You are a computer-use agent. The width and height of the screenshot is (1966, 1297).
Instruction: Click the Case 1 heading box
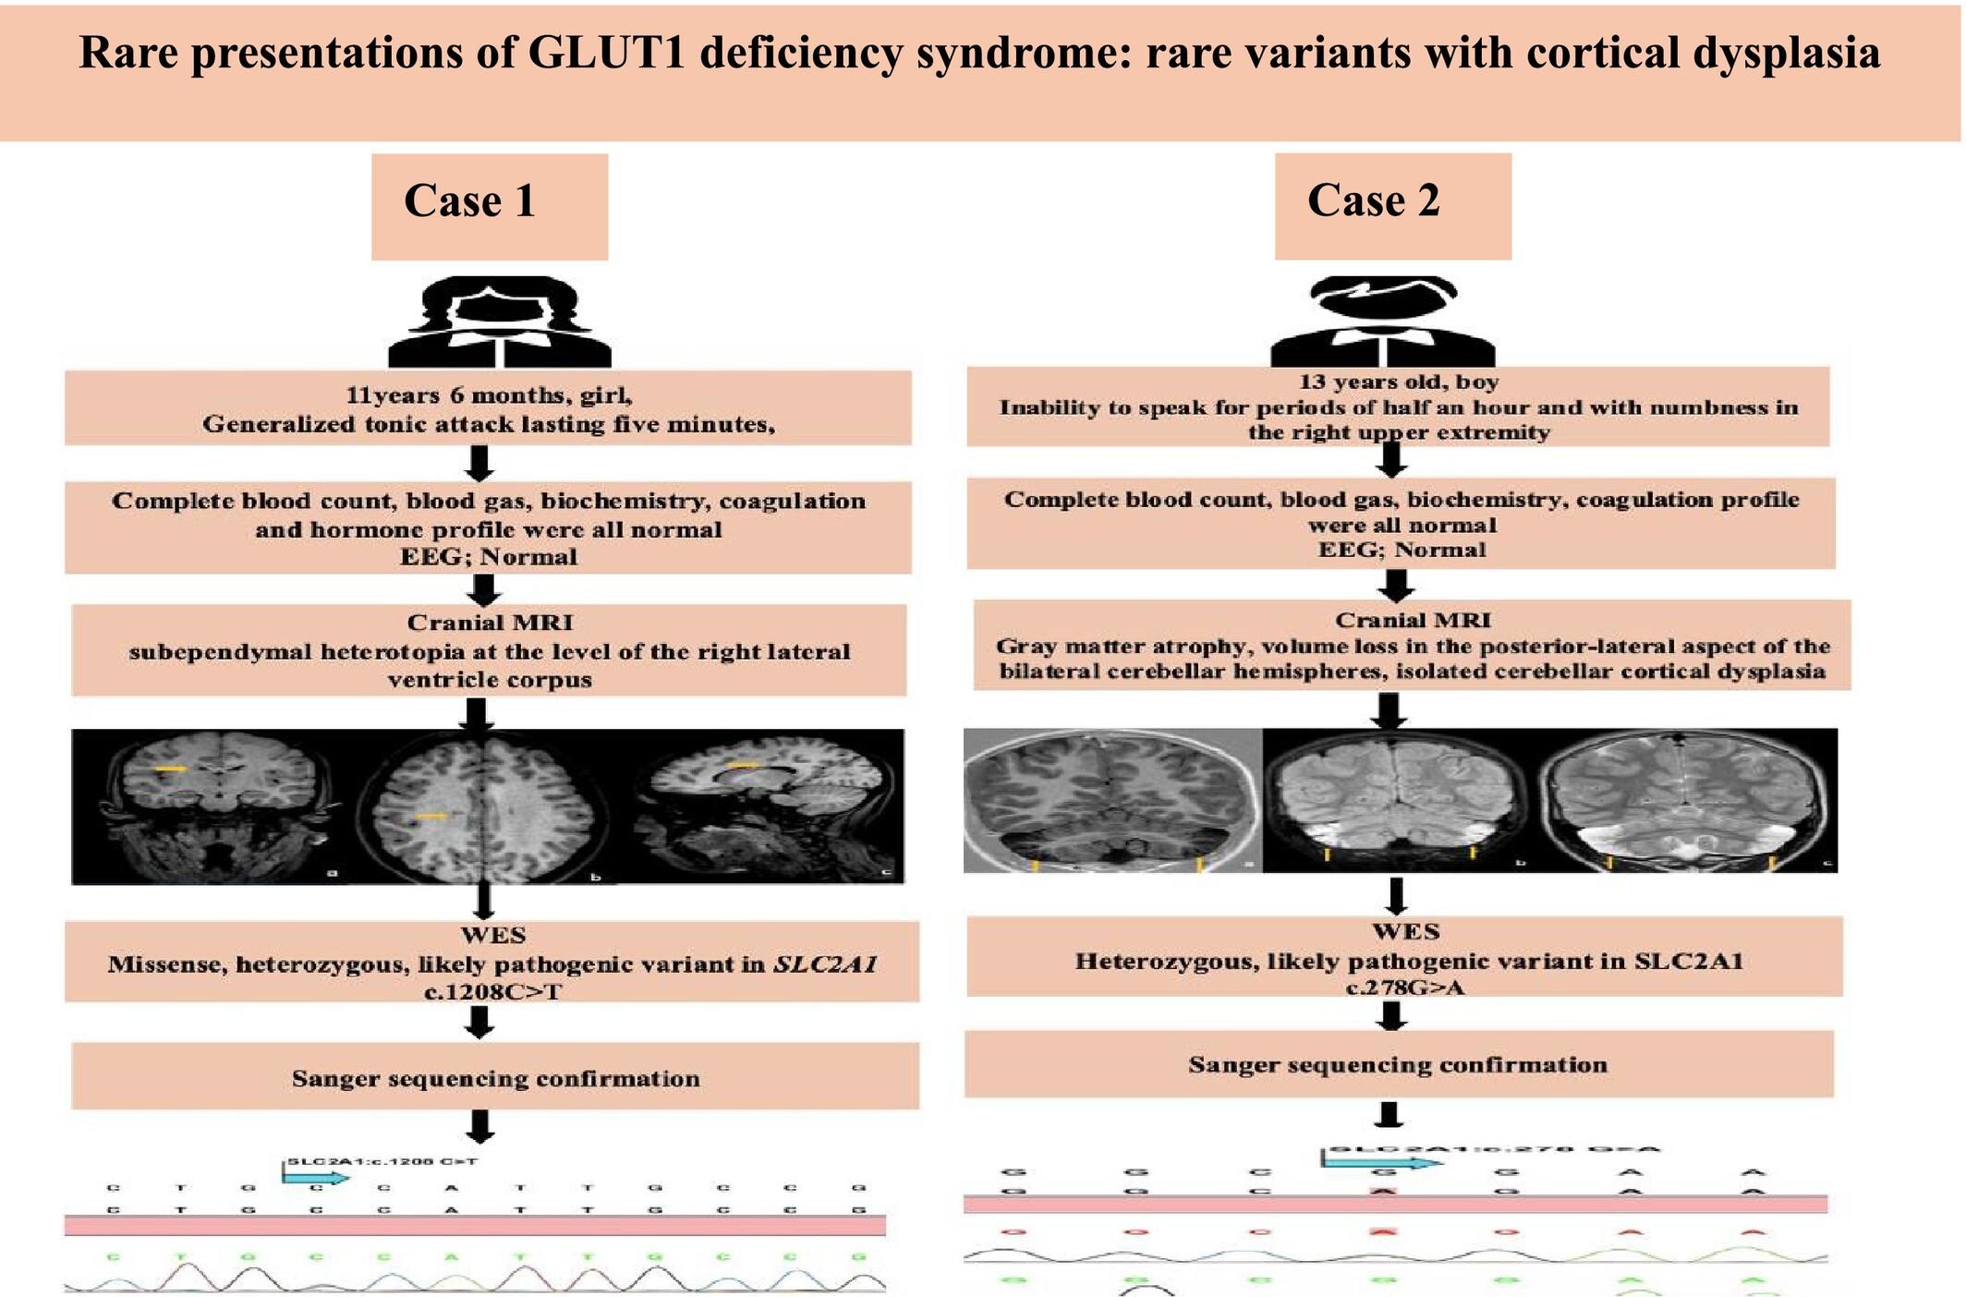[x=489, y=205]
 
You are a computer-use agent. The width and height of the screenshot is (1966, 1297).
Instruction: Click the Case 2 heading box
[x=1392, y=205]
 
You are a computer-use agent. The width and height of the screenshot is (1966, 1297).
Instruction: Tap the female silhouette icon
[x=500, y=323]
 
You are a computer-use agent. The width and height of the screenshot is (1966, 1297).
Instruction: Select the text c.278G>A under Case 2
[x=1404, y=988]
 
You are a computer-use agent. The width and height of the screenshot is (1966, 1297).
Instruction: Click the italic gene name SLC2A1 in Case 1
[x=824, y=964]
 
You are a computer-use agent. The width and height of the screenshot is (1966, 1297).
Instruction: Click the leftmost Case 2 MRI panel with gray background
[x=1111, y=800]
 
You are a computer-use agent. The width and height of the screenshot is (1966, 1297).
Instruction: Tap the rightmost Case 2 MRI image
[x=1690, y=800]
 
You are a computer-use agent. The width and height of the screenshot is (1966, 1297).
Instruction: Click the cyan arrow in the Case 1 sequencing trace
[x=316, y=1177]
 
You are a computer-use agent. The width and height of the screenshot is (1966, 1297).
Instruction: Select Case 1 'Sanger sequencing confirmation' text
[x=495, y=1078]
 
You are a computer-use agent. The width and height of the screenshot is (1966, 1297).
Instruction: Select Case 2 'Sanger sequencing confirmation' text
[x=1397, y=1064]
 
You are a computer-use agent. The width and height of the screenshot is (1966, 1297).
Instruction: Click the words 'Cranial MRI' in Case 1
[x=490, y=623]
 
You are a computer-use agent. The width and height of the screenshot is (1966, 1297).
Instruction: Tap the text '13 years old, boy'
[x=1398, y=382]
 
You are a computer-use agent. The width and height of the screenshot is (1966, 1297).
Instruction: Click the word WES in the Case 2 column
[x=1405, y=931]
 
